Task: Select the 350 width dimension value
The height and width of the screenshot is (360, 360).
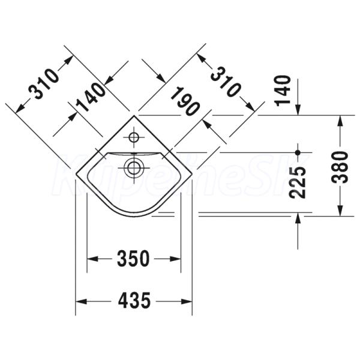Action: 133,259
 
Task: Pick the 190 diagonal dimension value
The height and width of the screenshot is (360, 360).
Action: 184,101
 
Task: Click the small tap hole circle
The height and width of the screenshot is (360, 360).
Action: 133,137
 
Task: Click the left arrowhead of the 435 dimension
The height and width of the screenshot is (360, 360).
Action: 80,301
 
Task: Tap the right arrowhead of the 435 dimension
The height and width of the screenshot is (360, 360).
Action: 187,301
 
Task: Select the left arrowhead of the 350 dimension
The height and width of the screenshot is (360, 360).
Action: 93,259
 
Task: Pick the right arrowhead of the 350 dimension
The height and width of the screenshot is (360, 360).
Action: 176,259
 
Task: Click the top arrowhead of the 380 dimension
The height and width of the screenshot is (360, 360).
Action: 340,119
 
